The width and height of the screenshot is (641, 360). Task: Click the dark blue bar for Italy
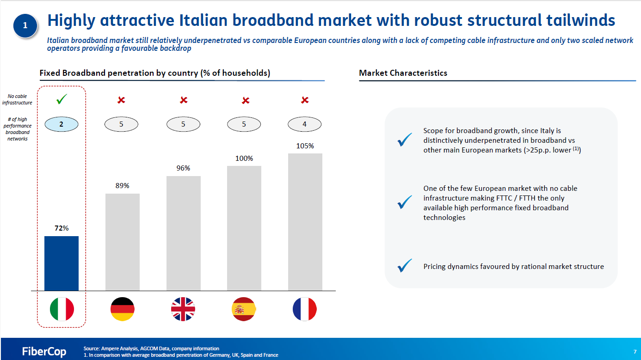[x=61, y=263]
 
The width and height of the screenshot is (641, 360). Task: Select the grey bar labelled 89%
[x=123, y=242]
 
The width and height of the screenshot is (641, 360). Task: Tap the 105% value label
[x=305, y=146]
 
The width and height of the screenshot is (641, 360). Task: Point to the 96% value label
[x=183, y=168]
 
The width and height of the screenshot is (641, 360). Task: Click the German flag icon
[x=123, y=309]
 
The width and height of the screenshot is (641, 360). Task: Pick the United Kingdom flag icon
[x=183, y=309]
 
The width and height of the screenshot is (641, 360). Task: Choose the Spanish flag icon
[x=244, y=309]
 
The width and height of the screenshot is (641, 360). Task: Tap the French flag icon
[x=305, y=309]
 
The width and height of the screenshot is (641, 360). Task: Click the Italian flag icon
[x=62, y=309]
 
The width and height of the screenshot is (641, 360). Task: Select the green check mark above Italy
[x=62, y=99]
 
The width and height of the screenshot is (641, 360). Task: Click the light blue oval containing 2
[x=61, y=124]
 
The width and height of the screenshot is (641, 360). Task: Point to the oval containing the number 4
[x=304, y=124]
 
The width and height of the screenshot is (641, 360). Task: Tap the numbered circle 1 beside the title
[x=25, y=25]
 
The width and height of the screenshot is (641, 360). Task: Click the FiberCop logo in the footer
[x=44, y=351]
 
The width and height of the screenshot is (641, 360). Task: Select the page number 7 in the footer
[x=635, y=352]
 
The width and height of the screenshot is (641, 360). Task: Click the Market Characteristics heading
[x=403, y=73]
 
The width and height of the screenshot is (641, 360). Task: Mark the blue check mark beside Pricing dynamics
[x=405, y=265]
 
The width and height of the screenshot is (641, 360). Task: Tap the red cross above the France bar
[x=305, y=100]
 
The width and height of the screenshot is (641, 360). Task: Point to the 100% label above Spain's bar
[x=244, y=159]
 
